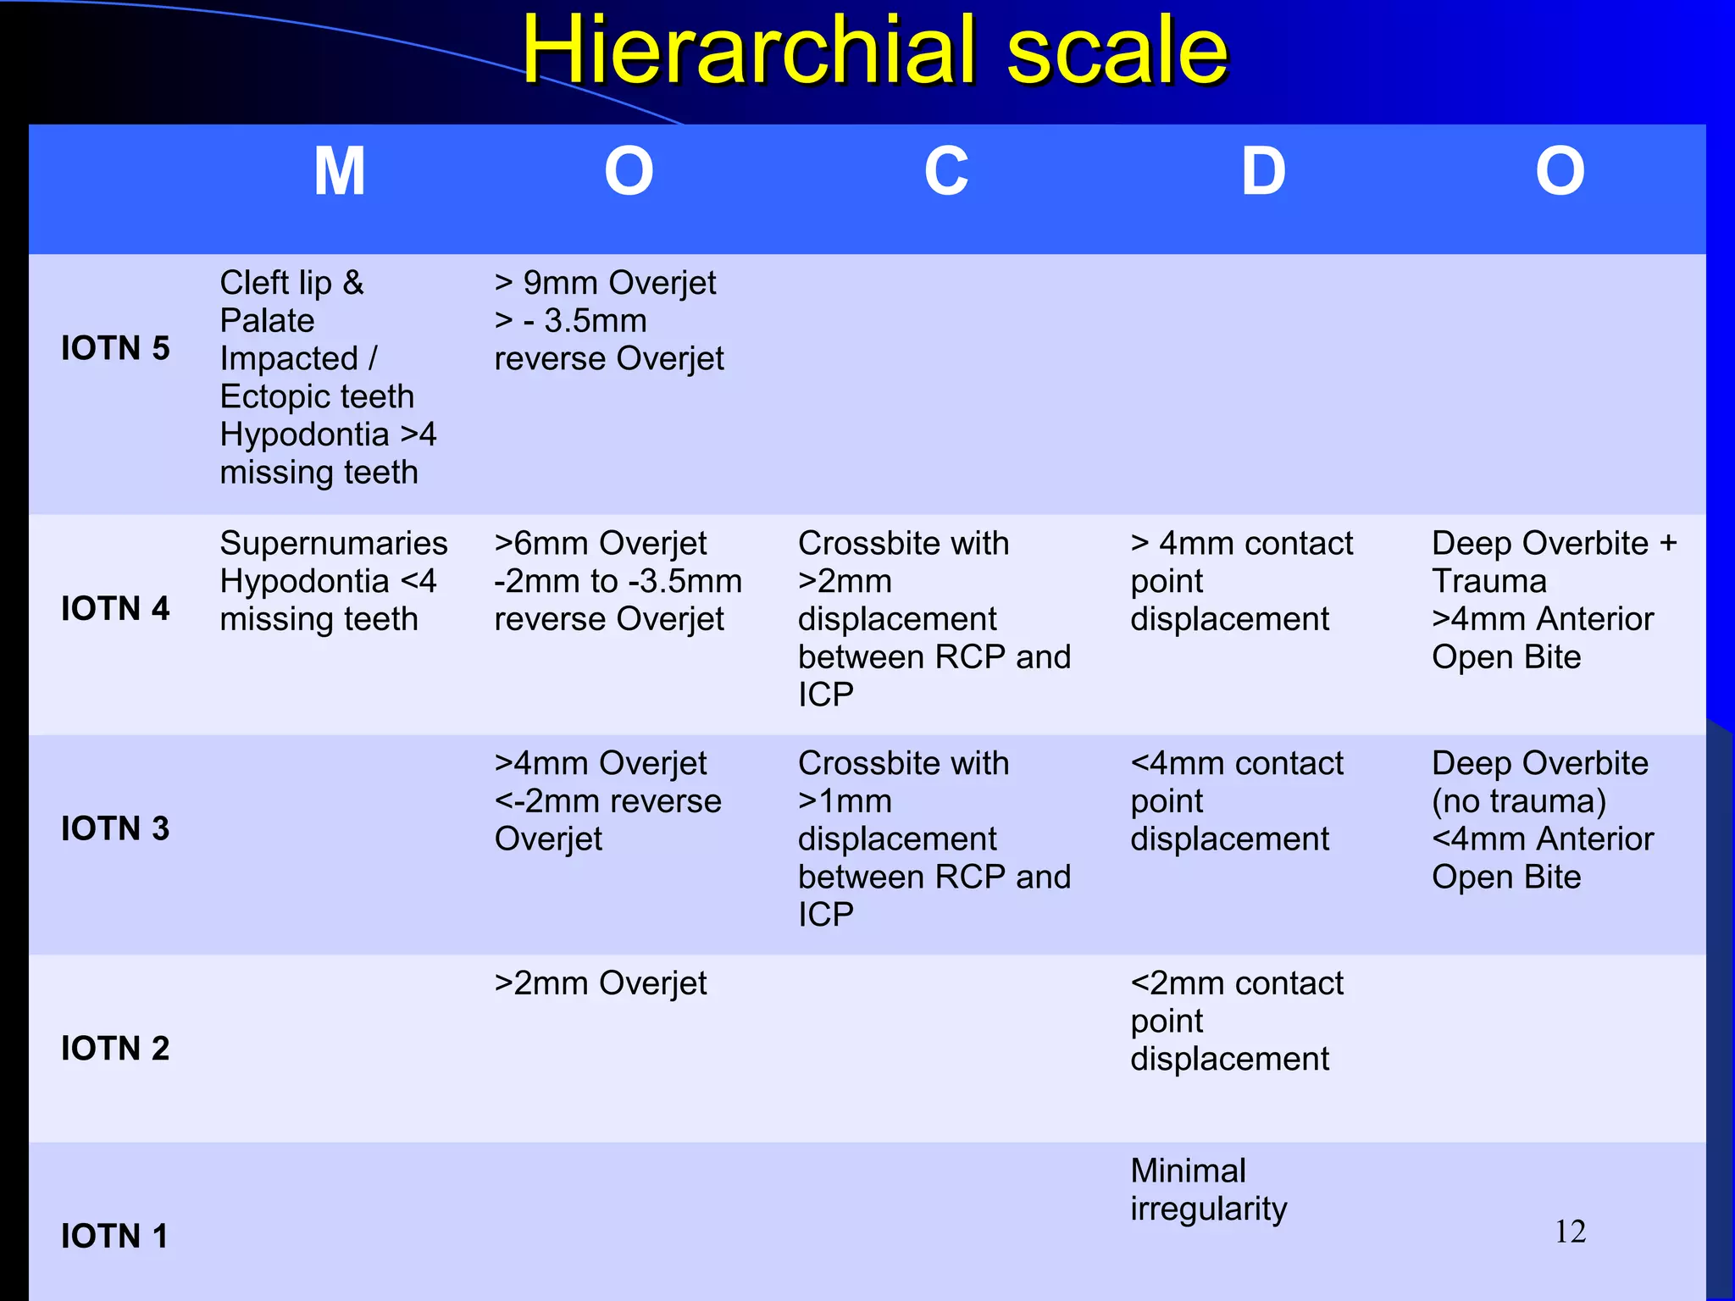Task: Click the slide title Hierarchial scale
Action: click(874, 51)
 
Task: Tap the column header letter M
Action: click(340, 172)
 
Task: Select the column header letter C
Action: click(945, 172)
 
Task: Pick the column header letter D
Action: click(1263, 172)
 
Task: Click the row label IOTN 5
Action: click(115, 348)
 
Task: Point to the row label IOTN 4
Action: click(115, 608)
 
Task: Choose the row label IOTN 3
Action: click(115, 828)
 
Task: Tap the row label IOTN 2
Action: click(115, 1049)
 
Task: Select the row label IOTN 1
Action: click(114, 1237)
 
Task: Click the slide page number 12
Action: click(1570, 1232)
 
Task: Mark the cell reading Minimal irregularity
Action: click(1208, 1189)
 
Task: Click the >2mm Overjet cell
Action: click(600, 983)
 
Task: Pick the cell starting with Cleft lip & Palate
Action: click(329, 377)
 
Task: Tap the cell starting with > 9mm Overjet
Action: click(608, 321)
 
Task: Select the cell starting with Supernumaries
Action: click(333, 581)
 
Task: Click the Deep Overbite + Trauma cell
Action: click(1554, 600)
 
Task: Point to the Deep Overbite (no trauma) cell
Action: click(1542, 820)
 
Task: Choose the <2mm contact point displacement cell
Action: click(1236, 1021)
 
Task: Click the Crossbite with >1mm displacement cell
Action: click(934, 839)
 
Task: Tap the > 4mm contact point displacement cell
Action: click(1241, 581)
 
